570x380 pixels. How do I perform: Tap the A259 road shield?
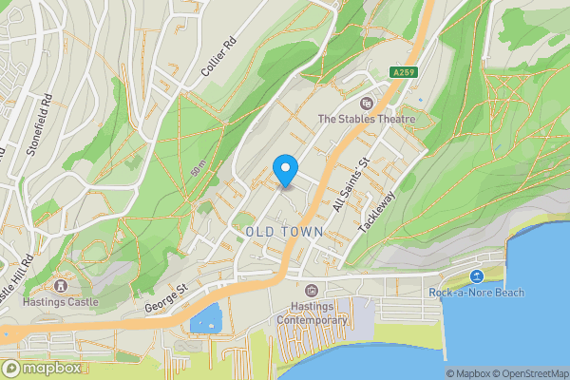coord(404,72)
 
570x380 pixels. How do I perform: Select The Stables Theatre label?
coord(367,119)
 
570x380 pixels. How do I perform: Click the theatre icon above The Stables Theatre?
coord(367,104)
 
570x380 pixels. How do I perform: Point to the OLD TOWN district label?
coord(284,232)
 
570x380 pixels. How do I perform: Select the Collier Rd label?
coord(218,59)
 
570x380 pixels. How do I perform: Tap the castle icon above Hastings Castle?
coord(62,285)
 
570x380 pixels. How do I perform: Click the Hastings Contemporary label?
coord(312,314)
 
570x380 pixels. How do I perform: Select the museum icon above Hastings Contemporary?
coord(312,290)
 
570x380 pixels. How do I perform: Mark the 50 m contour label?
coord(198,169)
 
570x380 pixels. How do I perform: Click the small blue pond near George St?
coord(206,319)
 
